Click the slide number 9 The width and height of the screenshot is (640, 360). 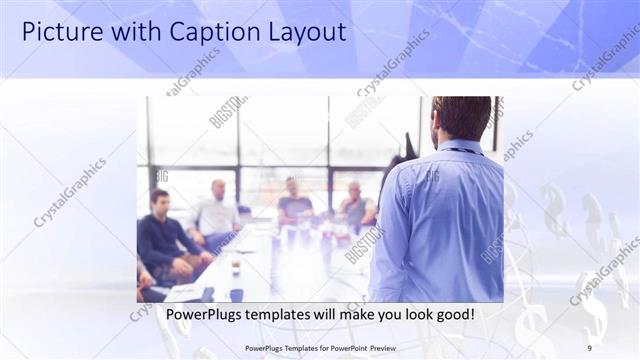pyautogui.click(x=589, y=348)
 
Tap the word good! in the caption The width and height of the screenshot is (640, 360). pyautogui.click(x=452, y=315)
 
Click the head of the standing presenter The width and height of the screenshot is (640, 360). pyautogui.click(x=461, y=118)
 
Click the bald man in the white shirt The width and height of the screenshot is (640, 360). pyautogui.click(x=217, y=210)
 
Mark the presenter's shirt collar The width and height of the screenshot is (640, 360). pyautogui.click(x=461, y=147)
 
